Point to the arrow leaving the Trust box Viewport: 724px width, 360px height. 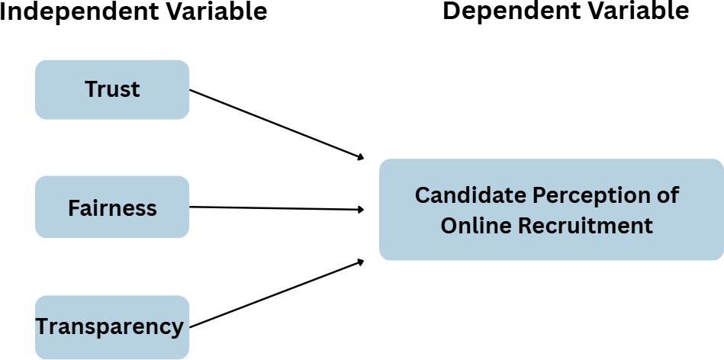pyautogui.click(x=275, y=124)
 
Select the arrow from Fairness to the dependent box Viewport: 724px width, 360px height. pyautogui.click(x=275, y=207)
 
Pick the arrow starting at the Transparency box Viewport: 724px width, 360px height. pyautogui.click(x=275, y=294)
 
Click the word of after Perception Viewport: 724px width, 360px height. pyautogui.click(x=667, y=195)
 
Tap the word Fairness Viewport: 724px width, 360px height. pyautogui.click(x=112, y=208)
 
